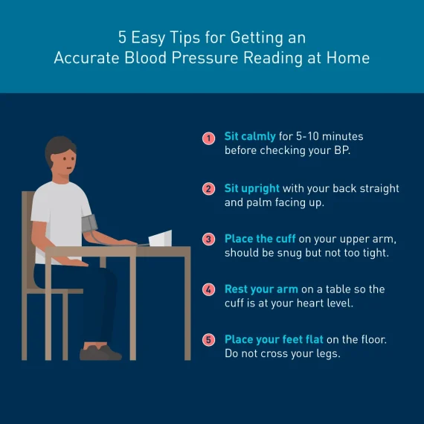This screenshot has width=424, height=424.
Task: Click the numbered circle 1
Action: click(208, 138)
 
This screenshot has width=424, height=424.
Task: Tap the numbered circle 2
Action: click(208, 189)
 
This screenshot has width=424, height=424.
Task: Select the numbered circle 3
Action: click(208, 240)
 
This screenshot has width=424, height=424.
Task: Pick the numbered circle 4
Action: click(208, 289)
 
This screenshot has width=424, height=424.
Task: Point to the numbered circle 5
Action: click(208, 340)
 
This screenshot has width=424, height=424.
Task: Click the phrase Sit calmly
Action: click(250, 137)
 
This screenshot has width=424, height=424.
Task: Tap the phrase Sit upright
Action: click(251, 189)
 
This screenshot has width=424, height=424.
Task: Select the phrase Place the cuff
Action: click(260, 239)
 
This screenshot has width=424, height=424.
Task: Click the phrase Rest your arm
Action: click(261, 289)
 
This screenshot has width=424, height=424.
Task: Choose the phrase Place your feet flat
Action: click(274, 340)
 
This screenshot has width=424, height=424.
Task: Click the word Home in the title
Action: click(348, 58)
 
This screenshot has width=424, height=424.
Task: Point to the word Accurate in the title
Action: click(86, 58)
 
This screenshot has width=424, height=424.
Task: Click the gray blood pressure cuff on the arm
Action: click(89, 223)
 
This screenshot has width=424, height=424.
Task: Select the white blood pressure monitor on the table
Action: click(160, 238)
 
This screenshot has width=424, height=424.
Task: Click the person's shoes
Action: click(100, 353)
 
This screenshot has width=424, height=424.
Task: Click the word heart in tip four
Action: click(310, 303)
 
